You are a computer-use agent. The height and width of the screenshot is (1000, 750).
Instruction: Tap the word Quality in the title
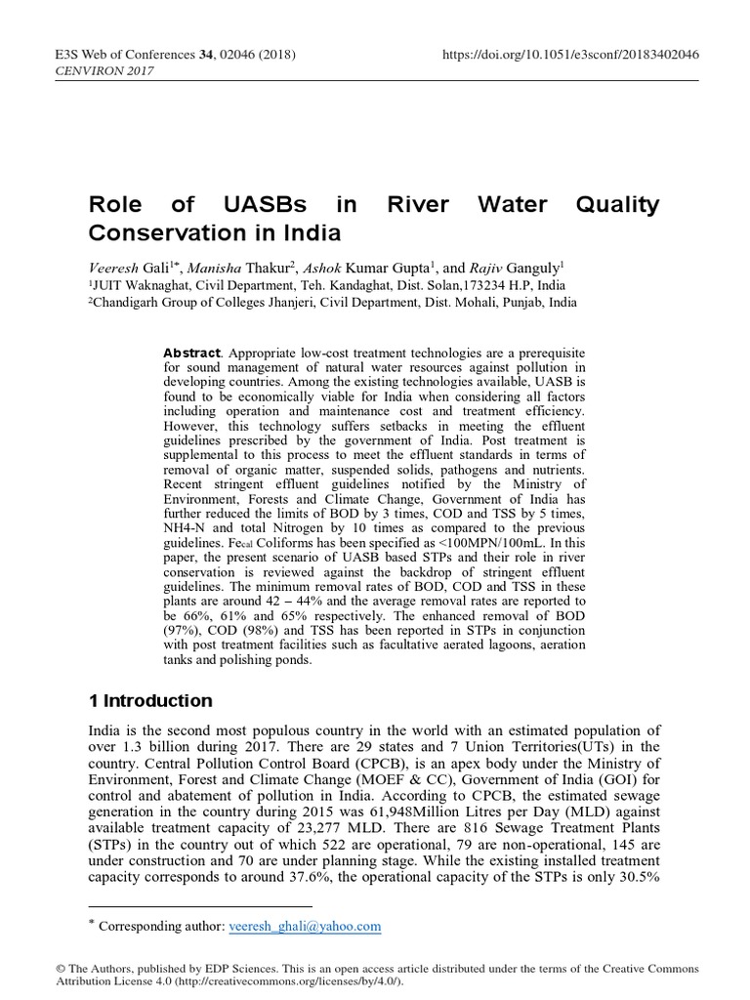pos(617,206)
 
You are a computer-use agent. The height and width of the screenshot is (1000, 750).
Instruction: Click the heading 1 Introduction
pos(149,701)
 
